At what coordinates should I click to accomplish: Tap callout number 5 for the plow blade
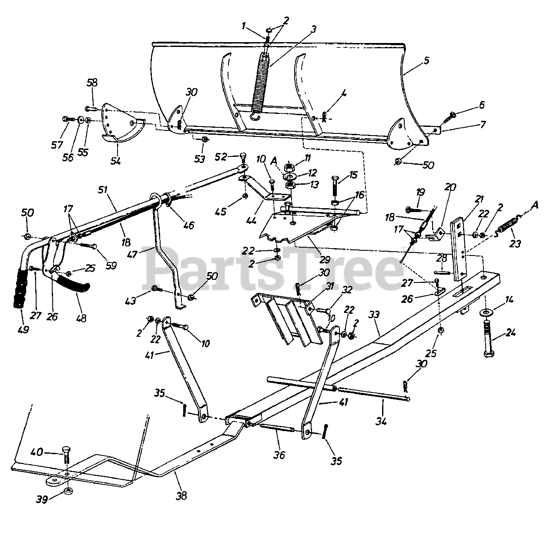click(426, 60)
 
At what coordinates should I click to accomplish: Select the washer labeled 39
click(68, 491)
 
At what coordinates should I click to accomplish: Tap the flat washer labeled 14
click(485, 312)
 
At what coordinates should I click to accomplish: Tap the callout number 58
click(92, 83)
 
